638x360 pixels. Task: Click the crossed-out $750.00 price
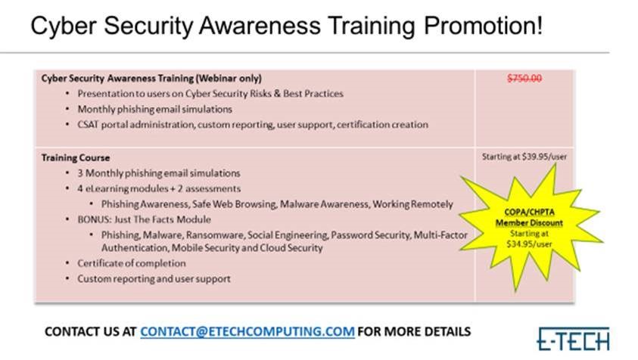(524, 78)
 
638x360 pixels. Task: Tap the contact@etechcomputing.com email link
(247, 331)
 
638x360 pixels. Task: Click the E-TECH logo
(574, 339)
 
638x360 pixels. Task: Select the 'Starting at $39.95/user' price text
(524, 157)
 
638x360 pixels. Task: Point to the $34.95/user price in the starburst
(529, 244)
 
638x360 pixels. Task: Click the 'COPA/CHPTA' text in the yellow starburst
(529, 212)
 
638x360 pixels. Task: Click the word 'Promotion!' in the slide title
(483, 26)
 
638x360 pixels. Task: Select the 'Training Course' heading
(76, 158)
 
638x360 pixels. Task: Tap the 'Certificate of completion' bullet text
(132, 264)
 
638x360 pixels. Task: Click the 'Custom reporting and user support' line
(154, 279)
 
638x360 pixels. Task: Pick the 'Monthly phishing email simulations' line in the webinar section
(154, 110)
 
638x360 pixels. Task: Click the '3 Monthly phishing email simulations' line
(159, 173)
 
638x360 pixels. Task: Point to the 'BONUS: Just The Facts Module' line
(144, 219)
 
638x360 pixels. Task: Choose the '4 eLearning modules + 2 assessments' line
(159, 189)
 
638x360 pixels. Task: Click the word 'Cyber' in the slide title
(64, 26)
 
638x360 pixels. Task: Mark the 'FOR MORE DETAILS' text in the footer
(414, 331)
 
